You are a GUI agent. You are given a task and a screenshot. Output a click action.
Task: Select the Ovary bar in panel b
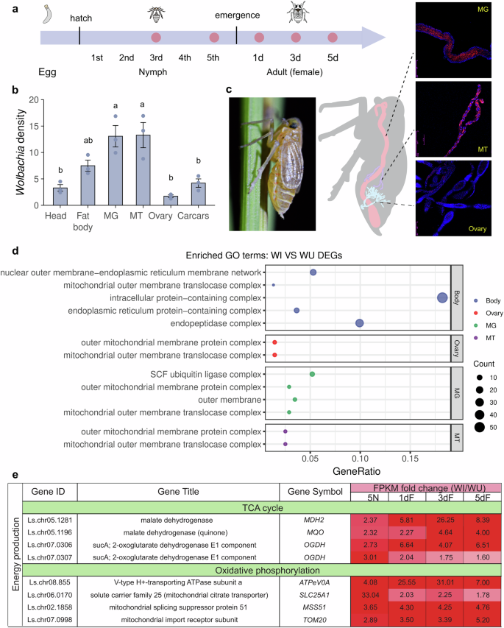tap(168, 200)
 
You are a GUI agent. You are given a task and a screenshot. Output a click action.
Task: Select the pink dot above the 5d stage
tap(332, 38)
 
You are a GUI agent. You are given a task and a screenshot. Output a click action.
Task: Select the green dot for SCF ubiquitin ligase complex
tap(313, 374)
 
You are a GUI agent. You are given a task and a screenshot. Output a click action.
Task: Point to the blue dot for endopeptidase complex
tap(360, 323)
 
